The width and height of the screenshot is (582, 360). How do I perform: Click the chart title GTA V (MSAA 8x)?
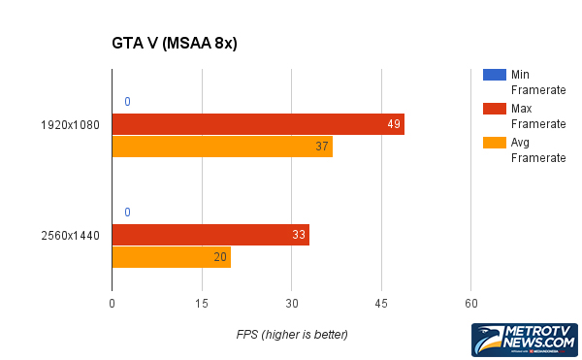[176, 44]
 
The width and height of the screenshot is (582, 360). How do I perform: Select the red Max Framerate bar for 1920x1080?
[258, 124]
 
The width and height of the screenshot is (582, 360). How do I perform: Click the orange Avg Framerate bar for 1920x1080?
[222, 147]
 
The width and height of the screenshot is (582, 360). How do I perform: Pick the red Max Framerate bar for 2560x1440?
[210, 235]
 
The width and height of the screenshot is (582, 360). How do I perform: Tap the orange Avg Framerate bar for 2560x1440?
[172, 257]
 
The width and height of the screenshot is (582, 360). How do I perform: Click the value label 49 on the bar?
[394, 124]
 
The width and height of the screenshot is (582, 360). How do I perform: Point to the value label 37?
[322, 147]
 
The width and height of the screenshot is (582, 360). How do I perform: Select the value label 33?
[300, 235]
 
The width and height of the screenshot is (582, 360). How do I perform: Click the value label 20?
[220, 257]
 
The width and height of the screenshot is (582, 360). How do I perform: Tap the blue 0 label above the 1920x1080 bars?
[127, 102]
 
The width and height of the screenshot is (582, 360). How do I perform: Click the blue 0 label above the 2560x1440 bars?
[127, 213]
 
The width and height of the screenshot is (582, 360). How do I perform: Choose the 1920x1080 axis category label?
[70, 125]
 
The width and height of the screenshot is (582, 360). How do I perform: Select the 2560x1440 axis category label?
[70, 236]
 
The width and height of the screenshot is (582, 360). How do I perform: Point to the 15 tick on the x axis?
[202, 305]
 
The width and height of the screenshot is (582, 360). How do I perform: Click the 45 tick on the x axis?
[381, 305]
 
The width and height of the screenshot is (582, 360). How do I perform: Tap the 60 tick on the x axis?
[470, 305]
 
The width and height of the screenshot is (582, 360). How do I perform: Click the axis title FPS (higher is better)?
[292, 334]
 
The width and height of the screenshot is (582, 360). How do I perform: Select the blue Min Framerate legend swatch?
[493, 75]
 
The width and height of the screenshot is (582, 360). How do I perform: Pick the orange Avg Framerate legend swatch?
[493, 144]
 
